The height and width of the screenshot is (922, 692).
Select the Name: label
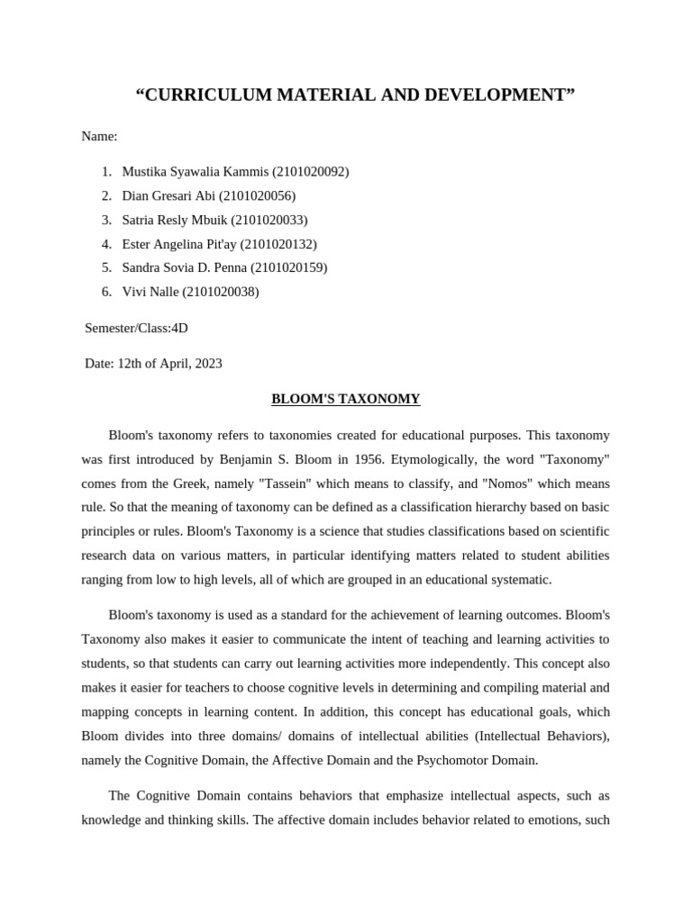pyautogui.click(x=99, y=136)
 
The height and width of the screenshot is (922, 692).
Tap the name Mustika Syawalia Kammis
pyautogui.click(x=194, y=171)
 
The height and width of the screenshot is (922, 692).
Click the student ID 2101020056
pyautogui.click(x=257, y=195)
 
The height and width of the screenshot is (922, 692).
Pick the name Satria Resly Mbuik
pyautogui.click(x=175, y=220)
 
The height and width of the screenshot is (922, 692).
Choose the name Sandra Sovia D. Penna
pyautogui.click(x=184, y=267)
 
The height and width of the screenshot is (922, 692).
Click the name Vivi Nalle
pyautogui.click(x=150, y=292)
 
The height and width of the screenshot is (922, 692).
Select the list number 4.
pyautogui.click(x=105, y=244)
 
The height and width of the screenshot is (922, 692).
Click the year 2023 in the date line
pyautogui.click(x=205, y=364)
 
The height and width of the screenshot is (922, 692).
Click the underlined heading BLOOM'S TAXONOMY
pyautogui.click(x=346, y=399)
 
